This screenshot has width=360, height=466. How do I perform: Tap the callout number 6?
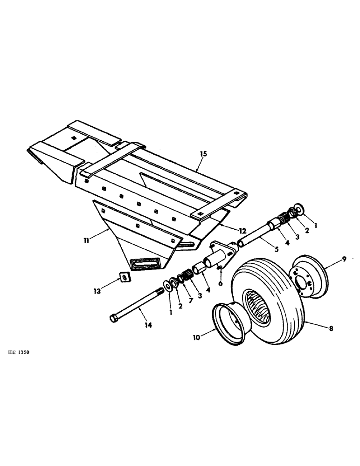[220, 283]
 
